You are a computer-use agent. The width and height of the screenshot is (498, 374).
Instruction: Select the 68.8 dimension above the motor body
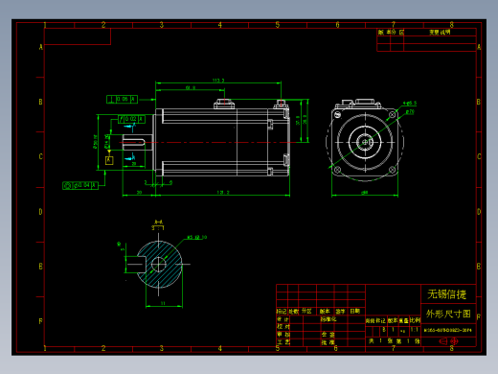190,89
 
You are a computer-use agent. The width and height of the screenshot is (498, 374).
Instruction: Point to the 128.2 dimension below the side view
222,193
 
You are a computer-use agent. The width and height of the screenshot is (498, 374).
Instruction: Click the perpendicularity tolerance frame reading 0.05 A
122,98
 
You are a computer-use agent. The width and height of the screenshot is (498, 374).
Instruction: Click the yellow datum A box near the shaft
110,160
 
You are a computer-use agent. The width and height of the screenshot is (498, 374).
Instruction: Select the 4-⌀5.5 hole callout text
409,103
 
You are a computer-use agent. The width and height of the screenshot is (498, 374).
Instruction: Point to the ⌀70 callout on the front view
410,111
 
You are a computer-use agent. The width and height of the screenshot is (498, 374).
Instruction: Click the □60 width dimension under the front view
365,193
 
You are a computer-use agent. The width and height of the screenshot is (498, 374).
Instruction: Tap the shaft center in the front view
365,142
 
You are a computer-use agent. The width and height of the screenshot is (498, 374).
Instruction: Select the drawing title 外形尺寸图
447,314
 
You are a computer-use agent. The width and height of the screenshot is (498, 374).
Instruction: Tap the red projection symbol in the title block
448,341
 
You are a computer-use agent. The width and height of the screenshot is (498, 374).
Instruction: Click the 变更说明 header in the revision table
440,32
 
